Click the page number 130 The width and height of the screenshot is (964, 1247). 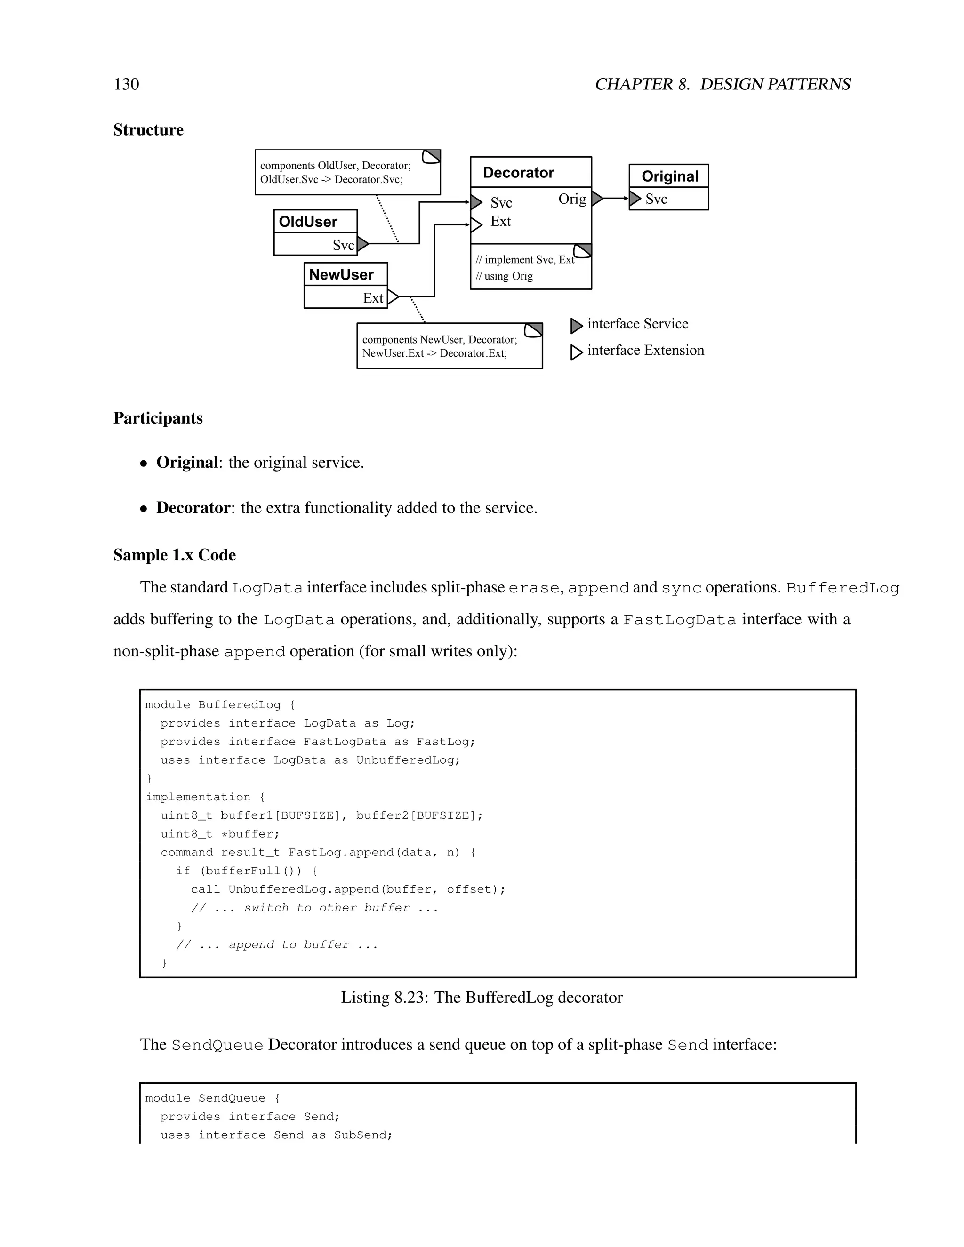pos(126,85)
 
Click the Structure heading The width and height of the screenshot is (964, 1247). pos(148,130)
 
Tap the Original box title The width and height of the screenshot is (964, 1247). pos(669,176)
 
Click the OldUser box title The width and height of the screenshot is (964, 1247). pos(308,222)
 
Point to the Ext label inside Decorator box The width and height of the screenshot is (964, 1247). pos(500,222)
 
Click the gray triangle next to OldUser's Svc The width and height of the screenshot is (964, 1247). pos(362,244)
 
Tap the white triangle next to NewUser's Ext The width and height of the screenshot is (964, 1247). pos(393,297)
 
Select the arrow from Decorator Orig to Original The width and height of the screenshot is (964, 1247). pos(616,199)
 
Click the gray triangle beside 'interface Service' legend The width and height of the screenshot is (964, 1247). pos(576,326)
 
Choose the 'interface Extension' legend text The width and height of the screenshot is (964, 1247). pos(645,350)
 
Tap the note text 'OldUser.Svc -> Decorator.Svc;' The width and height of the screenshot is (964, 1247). pos(331,180)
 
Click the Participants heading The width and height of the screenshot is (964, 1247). pos(158,418)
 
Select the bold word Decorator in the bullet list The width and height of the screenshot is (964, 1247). pos(193,508)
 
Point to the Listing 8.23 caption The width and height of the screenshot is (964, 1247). pos(482,998)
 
